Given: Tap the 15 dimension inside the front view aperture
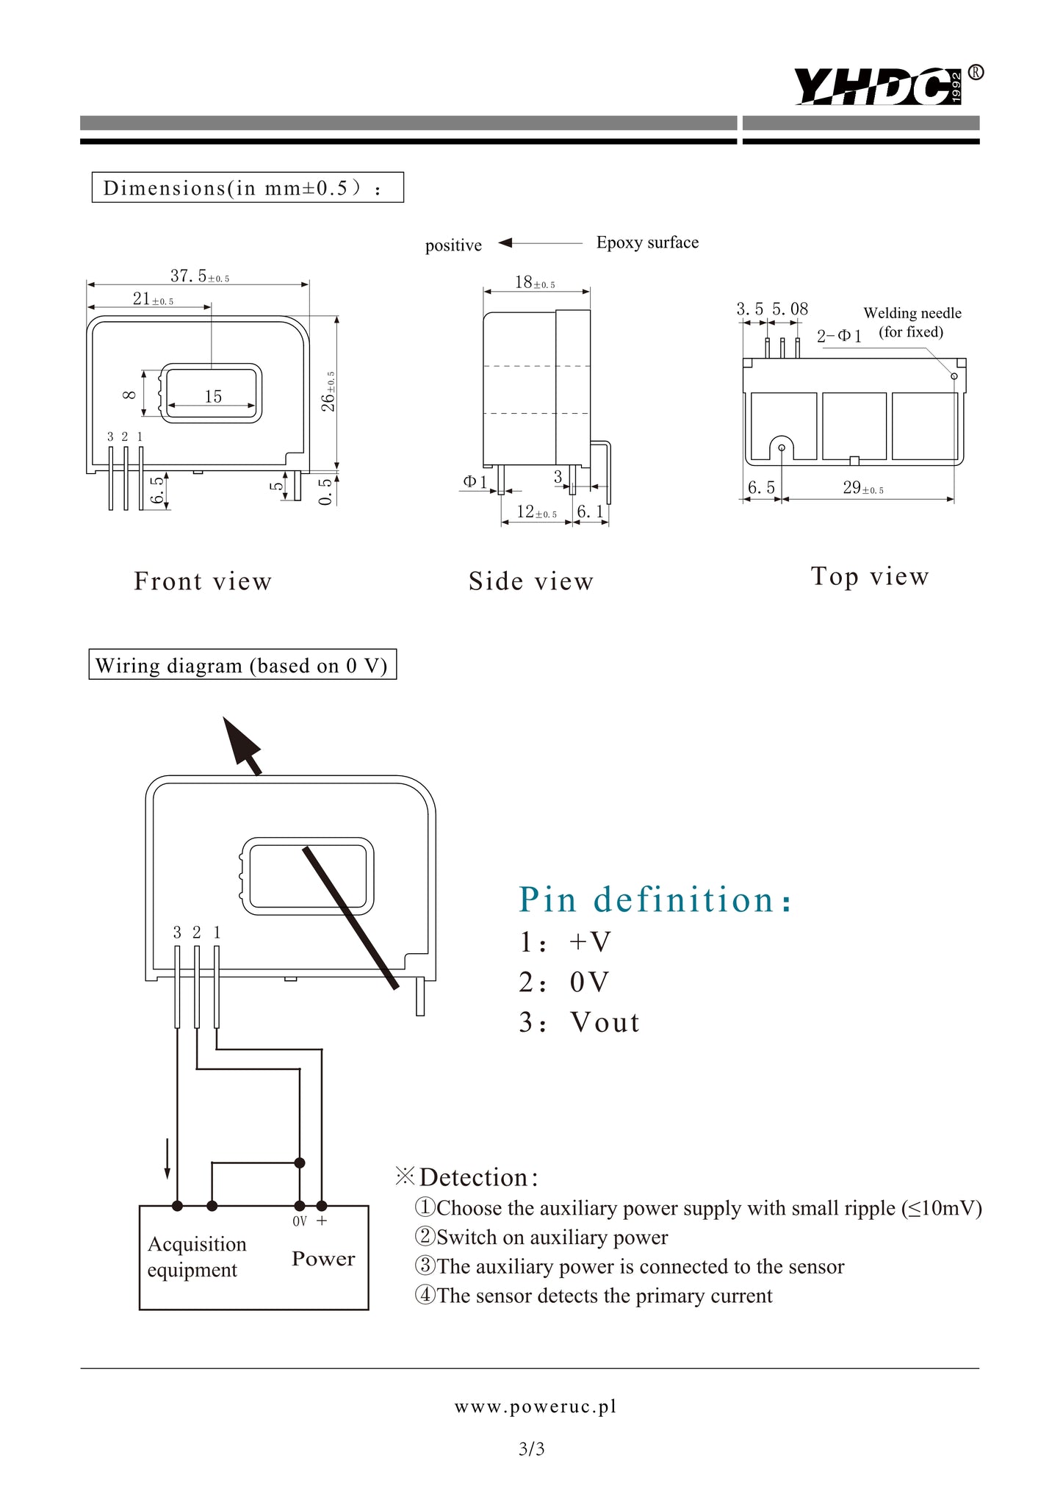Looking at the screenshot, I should (x=213, y=397).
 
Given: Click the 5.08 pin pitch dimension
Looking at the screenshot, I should (x=790, y=309).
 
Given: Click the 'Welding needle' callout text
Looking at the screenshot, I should (x=912, y=313).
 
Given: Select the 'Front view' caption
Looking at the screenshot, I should (x=203, y=581).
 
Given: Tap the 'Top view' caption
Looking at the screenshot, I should (x=870, y=576).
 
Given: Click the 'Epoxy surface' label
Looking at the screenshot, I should (x=647, y=243).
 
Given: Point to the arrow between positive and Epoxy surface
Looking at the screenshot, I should (x=540, y=243).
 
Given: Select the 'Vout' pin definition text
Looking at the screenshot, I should (x=605, y=1022).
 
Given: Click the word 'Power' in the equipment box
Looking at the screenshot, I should (x=323, y=1259).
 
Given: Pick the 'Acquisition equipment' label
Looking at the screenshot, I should (x=196, y=1257).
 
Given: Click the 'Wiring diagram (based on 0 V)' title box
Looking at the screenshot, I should (x=242, y=665).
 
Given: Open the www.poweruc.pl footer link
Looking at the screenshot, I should (x=536, y=1407).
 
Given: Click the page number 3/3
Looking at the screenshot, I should (x=531, y=1449).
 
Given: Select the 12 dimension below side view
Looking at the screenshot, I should (x=536, y=511).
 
